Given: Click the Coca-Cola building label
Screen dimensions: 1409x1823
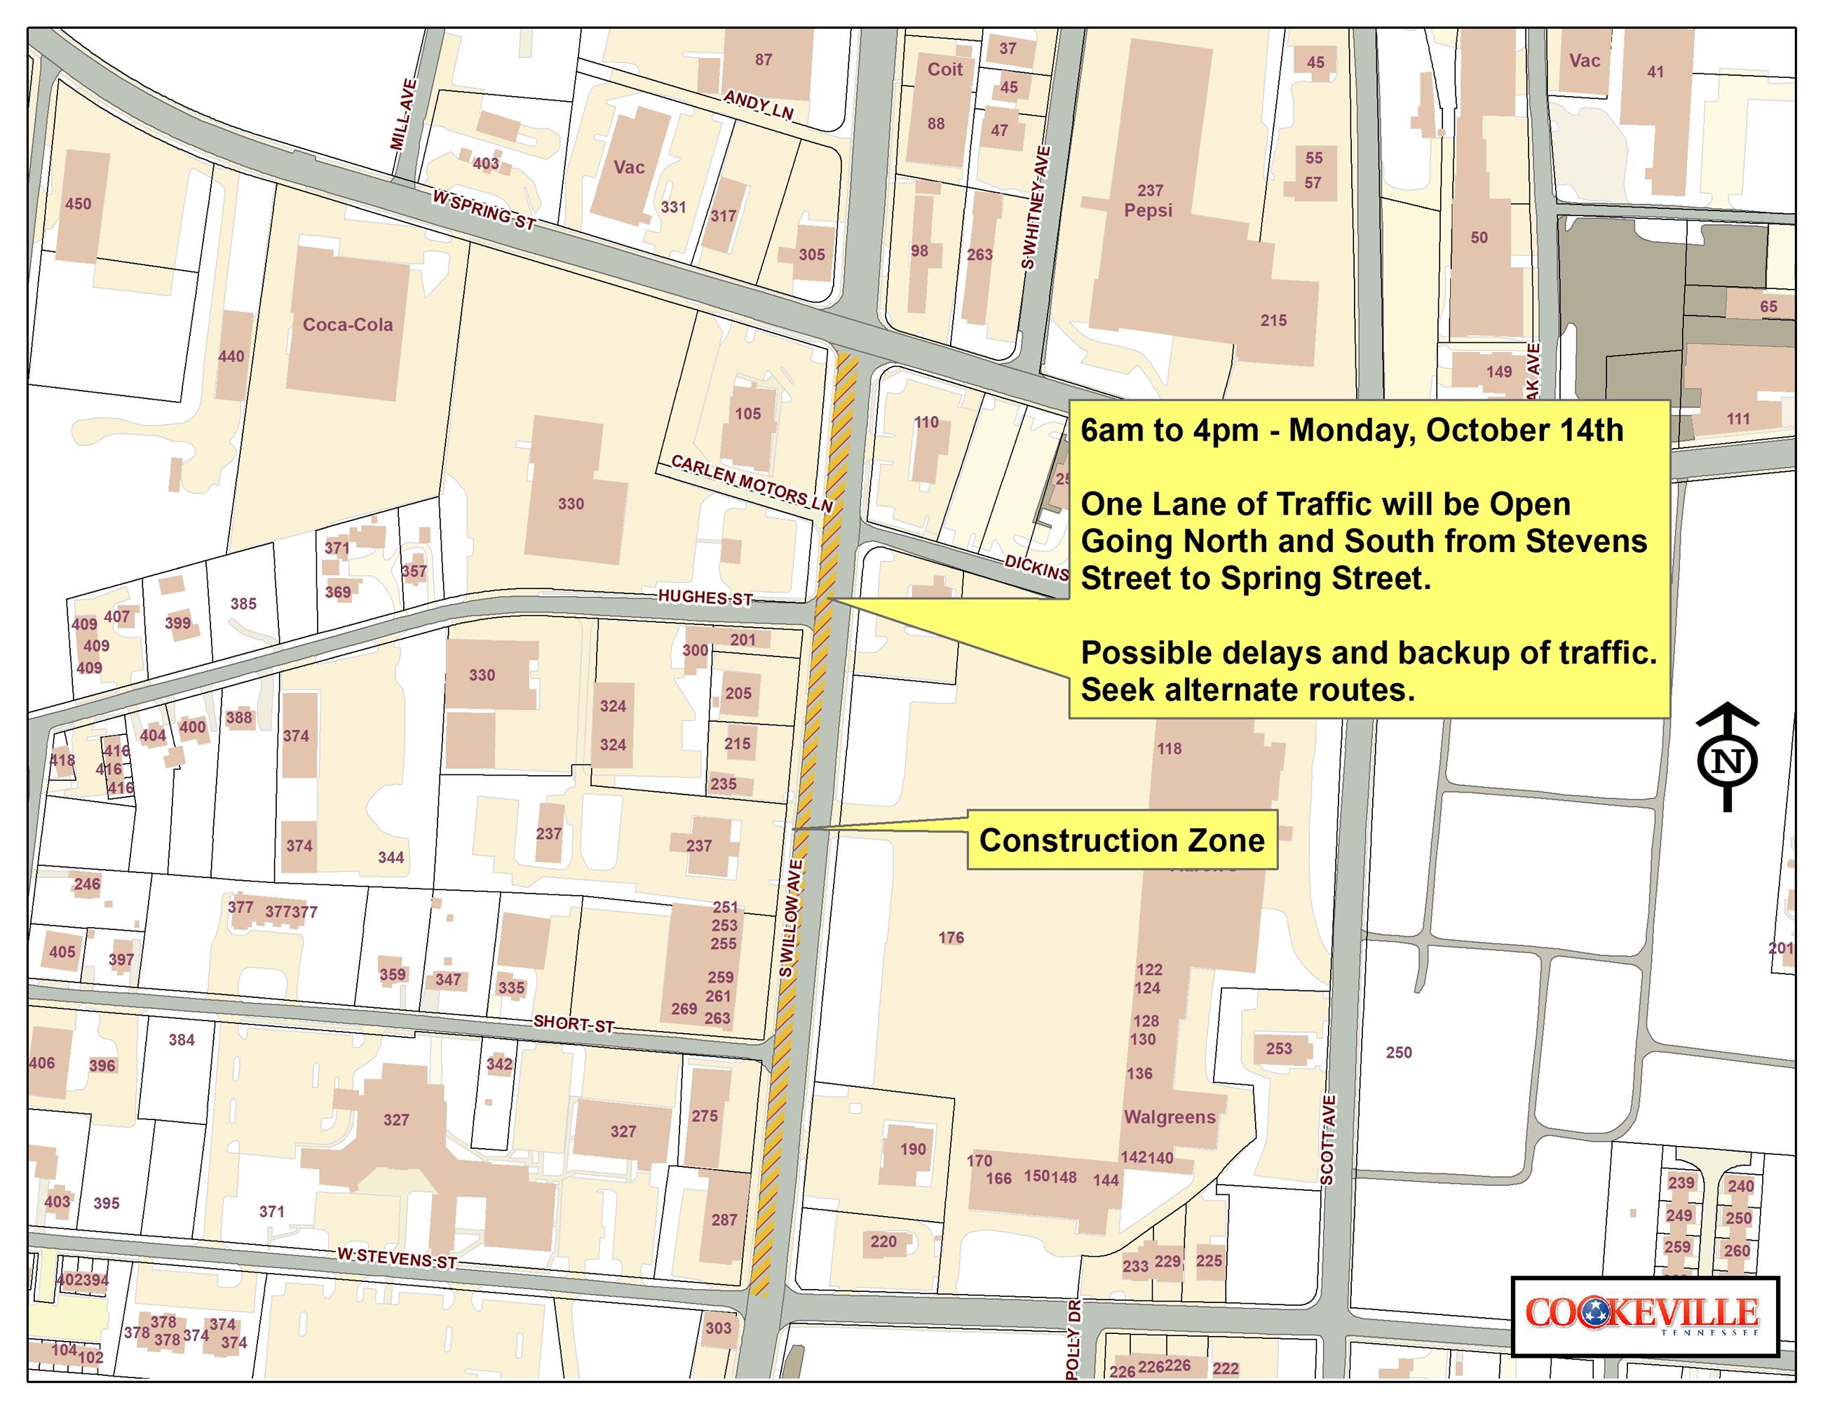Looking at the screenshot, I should point(347,325).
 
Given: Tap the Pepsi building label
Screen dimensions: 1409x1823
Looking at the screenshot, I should point(1148,210).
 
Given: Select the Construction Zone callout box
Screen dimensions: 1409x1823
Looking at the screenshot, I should point(1121,840).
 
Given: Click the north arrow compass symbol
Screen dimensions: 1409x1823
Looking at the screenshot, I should point(1727,756).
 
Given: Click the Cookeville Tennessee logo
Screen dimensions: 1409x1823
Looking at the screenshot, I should point(1644,1316).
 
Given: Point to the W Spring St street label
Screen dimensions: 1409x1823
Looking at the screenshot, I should point(483,210).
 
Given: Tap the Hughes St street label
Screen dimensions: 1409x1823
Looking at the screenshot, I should point(705,598).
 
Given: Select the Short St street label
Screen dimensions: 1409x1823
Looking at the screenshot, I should point(574,1023).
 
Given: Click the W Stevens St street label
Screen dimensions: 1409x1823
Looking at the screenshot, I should point(398,1258).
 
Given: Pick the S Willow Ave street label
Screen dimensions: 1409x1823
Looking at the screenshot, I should point(792,918).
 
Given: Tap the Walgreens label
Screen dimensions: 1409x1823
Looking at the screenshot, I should point(1170,1117).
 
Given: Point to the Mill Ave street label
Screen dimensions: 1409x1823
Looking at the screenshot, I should point(403,114).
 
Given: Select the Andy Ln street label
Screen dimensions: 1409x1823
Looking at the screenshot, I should point(758,105).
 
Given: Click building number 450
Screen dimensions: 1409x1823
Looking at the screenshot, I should point(79,203).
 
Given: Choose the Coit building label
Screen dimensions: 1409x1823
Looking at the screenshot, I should point(945,69).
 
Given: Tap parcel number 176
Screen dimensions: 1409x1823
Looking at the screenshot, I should point(951,938).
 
